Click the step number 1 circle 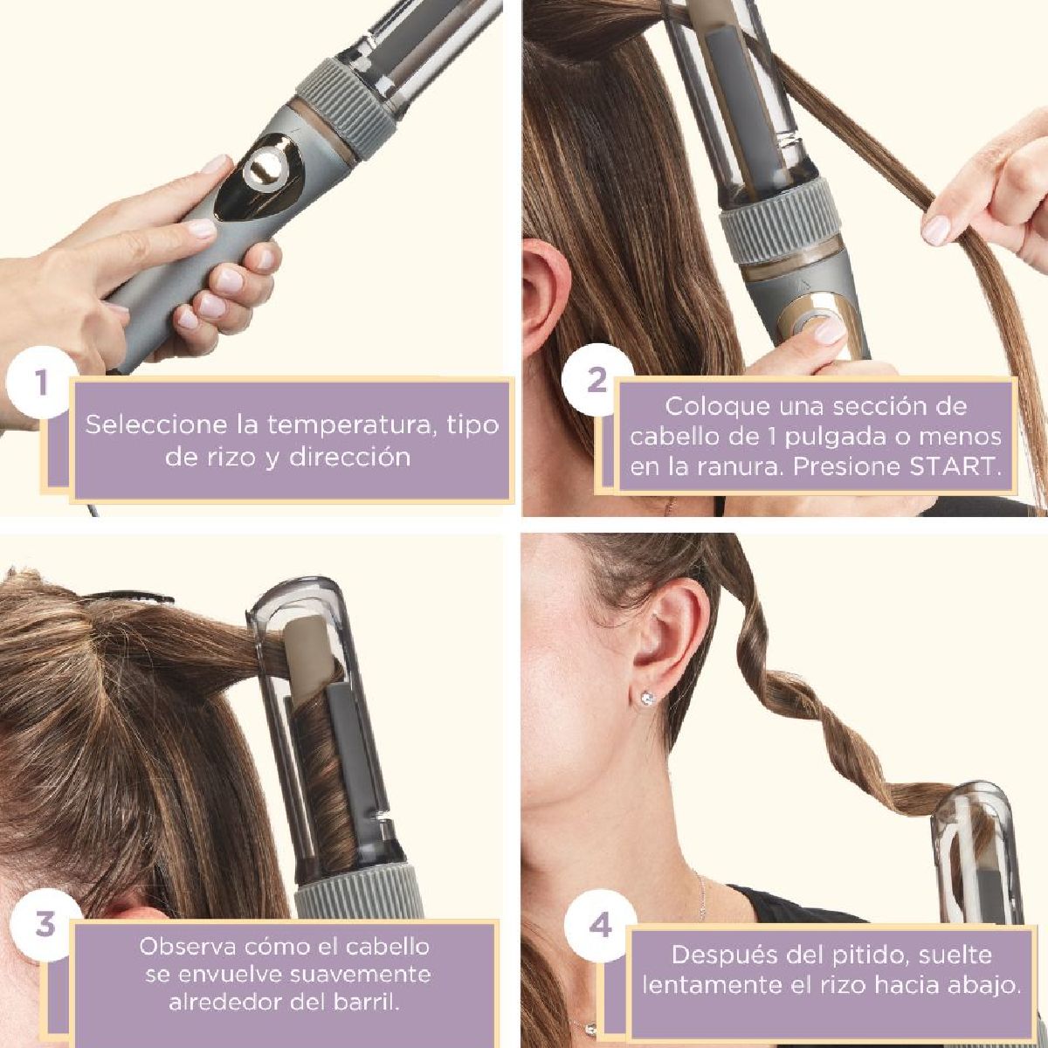[39, 383]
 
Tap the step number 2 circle [596, 381]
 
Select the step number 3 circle [45, 924]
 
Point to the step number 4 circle [600, 925]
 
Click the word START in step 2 [953, 466]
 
